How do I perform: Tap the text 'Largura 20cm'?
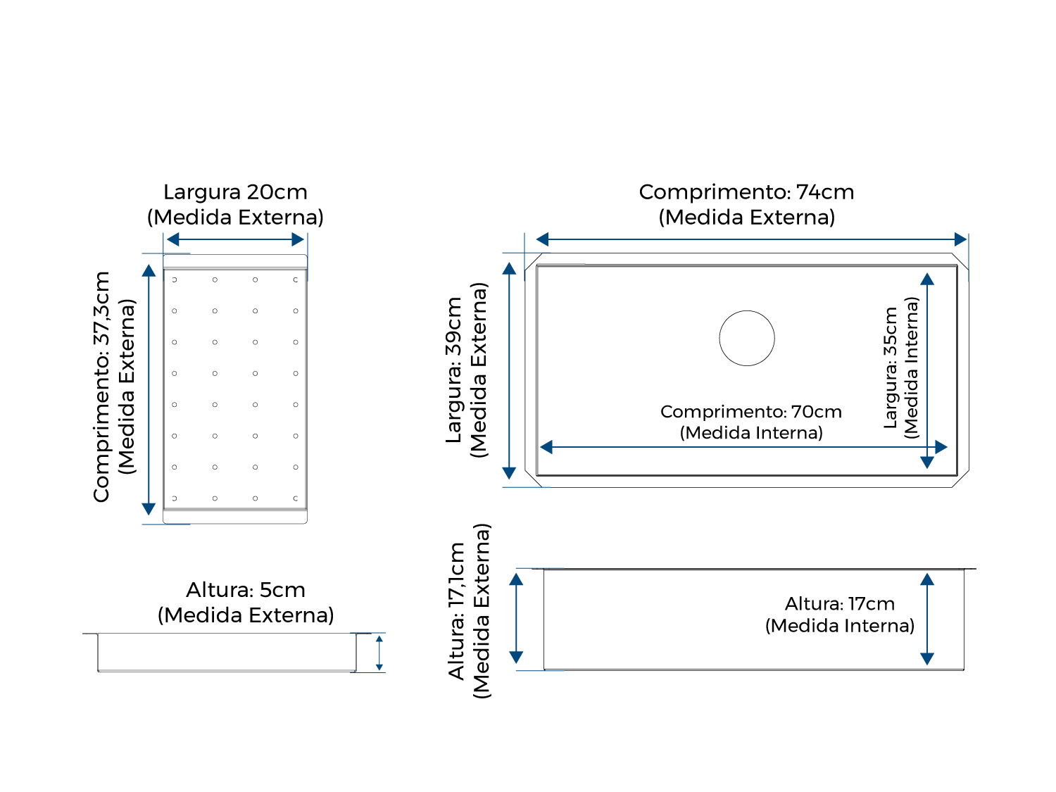tap(235, 192)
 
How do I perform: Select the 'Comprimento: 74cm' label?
tap(746, 192)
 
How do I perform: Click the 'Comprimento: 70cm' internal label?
tap(750, 412)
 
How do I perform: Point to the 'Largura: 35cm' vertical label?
tap(890, 368)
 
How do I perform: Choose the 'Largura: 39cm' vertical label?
tap(453, 370)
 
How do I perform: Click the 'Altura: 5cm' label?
tap(246, 590)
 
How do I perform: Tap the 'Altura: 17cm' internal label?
tap(839, 603)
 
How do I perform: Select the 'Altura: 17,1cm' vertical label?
tap(456, 610)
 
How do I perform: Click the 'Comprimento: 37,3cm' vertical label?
tap(101, 387)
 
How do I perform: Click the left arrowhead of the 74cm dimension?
tap(542, 239)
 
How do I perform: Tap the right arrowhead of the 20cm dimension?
tap(298, 239)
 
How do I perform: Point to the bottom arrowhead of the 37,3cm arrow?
tap(149, 509)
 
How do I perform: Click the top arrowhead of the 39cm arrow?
tap(509, 268)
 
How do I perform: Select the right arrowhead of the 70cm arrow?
tap(941, 447)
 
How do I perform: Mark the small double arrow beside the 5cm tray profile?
tap(379, 653)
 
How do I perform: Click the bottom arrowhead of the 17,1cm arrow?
tap(516, 658)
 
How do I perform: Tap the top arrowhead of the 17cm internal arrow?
tap(927, 579)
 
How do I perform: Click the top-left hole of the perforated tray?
tap(175, 279)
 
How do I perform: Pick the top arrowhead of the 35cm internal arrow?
tap(927, 279)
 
